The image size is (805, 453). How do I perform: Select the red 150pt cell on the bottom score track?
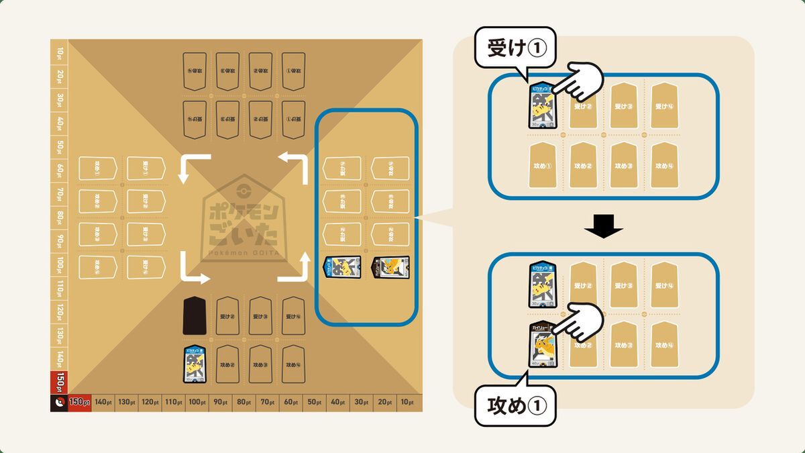(x=78, y=402)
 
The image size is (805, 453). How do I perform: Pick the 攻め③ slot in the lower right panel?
(x=622, y=344)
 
